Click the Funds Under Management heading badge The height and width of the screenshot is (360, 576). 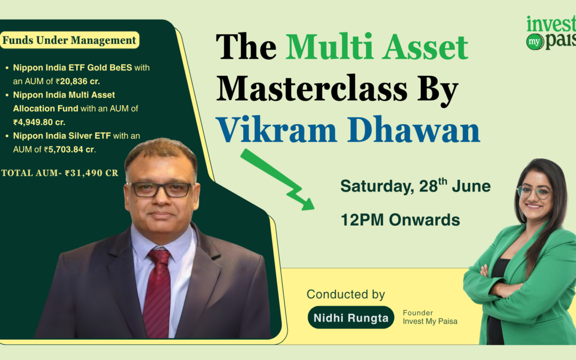[x=69, y=40]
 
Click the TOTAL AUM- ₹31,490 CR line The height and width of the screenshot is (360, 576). [x=60, y=173]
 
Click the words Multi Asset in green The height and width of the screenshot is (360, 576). [x=377, y=47]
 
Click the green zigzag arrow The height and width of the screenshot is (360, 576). [x=277, y=179]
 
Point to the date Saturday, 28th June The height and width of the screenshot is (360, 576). [x=415, y=186]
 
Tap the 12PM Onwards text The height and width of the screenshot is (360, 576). [x=400, y=220]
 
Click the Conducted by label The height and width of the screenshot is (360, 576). [x=346, y=294]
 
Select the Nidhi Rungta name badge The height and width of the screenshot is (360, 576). [x=351, y=317]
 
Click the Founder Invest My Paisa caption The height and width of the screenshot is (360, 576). [x=430, y=317]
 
